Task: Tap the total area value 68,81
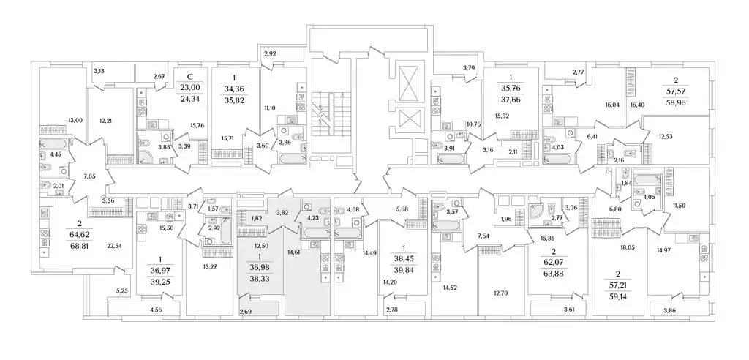[x=79, y=247]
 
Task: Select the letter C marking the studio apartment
[x=191, y=77]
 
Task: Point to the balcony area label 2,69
[x=245, y=312]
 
